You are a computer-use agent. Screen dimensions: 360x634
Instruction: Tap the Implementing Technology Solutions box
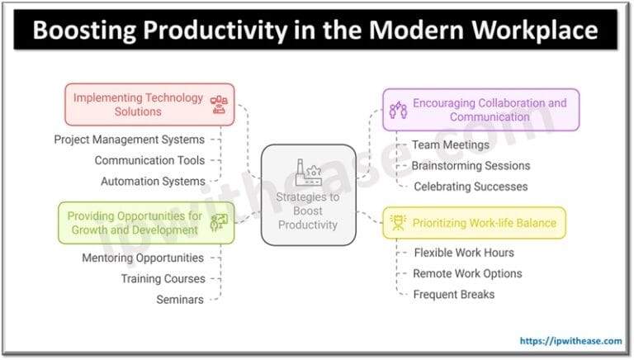(149, 104)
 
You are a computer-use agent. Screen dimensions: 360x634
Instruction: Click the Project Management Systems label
(130, 140)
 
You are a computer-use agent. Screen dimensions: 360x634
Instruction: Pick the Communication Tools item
(149, 160)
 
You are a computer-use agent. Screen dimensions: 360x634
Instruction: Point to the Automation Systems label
(153, 181)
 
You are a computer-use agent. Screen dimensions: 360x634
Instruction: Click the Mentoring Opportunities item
(143, 258)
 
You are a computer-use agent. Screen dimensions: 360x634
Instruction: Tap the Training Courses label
(163, 279)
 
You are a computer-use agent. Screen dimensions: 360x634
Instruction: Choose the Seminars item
(180, 300)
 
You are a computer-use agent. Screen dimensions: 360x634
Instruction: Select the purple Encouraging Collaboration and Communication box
(481, 110)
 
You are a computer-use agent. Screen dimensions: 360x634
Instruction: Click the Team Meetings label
(451, 144)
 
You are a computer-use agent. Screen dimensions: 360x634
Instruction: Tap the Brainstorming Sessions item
(471, 165)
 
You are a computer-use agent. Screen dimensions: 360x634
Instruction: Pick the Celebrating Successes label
(471, 187)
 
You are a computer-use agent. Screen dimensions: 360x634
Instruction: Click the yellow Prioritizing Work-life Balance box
(475, 223)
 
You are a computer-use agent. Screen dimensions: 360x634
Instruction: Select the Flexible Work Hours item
(464, 253)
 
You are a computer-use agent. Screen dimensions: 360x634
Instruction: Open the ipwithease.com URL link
(569, 340)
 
